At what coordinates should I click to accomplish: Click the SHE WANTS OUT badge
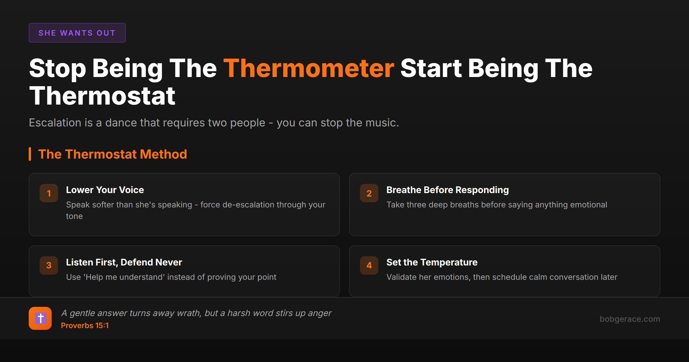[x=77, y=33]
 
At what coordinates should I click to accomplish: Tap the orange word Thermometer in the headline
[x=309, y=68]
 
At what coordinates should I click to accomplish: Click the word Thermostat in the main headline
[x=102, y=96]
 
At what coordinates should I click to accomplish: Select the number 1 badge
[x=49, y=193]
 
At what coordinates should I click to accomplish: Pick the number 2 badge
[x=369, y=193]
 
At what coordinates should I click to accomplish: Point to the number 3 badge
[x=49, y=265]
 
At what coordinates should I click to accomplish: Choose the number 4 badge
[x=369, y=265]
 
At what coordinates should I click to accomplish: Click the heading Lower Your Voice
[x=105, y=190]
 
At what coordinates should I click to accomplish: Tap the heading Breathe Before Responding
[x=448, y=190]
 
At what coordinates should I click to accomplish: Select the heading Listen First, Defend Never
[x=124, y=262]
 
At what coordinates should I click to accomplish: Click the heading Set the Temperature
[x=432, y=262]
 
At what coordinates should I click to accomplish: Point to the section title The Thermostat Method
[x=113, y=154]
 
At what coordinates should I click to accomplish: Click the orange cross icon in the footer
[x=40, y=318]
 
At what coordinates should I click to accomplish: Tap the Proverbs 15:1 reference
[x=85, y=326]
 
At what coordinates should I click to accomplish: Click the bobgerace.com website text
[x=630, y=319]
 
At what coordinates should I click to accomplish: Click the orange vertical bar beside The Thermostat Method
[x=30, y=154]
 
